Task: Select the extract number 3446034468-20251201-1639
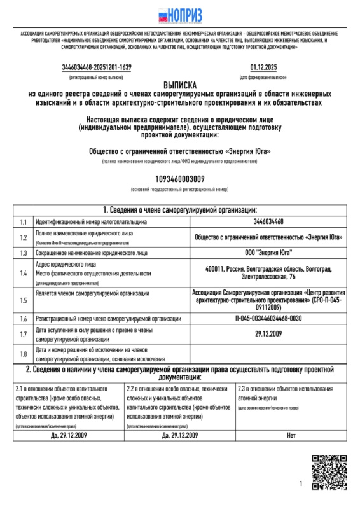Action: (97, 67)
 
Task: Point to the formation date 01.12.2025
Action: (263, 67)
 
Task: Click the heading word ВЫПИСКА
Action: (180, 85)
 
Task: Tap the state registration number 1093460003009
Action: (180, 179)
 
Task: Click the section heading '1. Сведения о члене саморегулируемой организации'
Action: (180, 210)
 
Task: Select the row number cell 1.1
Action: (23, 222)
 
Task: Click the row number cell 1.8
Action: (23, 354)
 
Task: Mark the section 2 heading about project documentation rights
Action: (180, 373)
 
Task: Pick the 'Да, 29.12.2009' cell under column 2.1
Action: (68, 435)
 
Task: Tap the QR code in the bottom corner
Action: (328, 472)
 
